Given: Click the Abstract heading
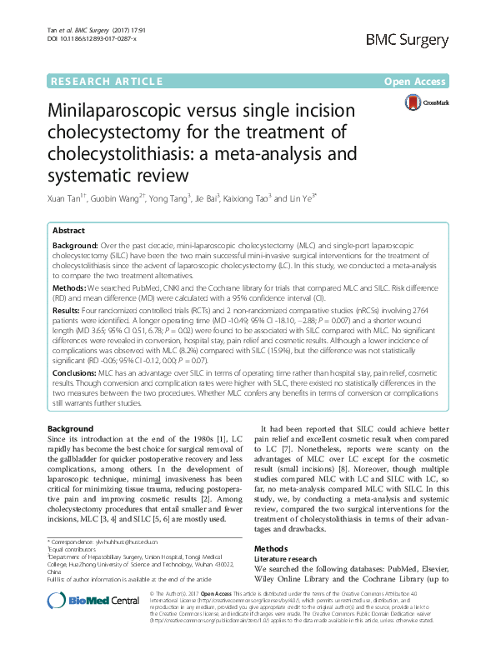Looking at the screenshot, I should (68, 230).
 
